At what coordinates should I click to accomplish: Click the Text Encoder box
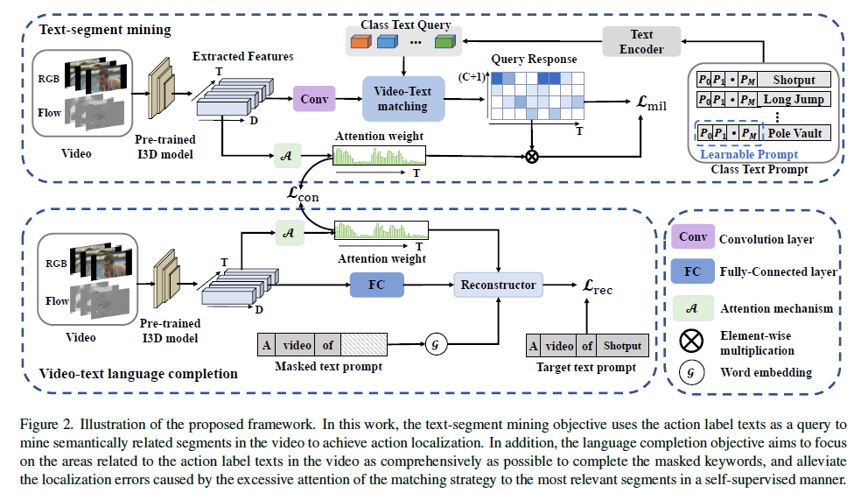(641, 42)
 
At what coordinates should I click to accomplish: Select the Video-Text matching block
(402, 98)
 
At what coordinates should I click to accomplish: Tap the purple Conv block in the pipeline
(312, 99)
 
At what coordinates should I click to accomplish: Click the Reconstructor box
(497, 285)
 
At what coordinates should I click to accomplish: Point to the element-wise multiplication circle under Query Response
(531, 158)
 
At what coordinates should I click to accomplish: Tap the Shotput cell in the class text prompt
(793, 80)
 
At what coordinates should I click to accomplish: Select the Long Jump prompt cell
(793, 99)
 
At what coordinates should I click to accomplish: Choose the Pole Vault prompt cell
(793, 132)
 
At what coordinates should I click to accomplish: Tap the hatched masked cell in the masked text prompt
(368, 345)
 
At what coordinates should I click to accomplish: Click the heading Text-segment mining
(105, 30)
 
